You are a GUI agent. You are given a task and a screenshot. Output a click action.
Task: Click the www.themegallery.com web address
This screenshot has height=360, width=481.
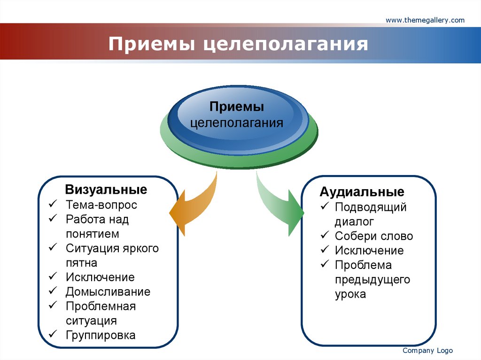click(425, 20)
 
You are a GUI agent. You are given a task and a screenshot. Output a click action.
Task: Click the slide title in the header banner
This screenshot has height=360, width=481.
click(238, 45)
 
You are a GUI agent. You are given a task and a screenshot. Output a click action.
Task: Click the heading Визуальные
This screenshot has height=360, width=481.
click(106, 190)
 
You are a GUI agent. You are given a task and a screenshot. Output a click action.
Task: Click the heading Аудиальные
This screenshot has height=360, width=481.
click(362, 192)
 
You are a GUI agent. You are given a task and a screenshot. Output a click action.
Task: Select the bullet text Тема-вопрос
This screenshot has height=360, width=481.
click(101, 205)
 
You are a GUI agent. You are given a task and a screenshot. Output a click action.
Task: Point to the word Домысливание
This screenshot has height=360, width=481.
click(108, 291)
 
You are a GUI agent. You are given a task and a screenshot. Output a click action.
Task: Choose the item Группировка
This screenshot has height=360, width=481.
click(101, 335)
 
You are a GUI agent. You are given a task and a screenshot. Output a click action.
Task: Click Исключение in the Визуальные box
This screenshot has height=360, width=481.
click(100, 277)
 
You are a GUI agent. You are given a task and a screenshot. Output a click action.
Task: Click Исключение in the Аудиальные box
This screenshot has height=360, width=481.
click(369, 251)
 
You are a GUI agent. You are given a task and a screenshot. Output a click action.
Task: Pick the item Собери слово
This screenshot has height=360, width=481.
click(374, 236)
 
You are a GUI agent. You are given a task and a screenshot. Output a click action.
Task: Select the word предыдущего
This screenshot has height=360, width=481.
click(372, 280)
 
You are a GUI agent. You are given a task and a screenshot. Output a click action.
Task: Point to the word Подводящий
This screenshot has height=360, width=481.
click(371, 207)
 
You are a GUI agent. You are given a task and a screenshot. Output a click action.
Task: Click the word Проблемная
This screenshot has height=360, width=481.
click(101, 306)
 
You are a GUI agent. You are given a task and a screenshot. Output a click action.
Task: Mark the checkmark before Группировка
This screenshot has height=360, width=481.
click(53, 335)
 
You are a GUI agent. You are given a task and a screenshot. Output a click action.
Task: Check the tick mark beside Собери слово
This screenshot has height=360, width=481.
click(324, 236)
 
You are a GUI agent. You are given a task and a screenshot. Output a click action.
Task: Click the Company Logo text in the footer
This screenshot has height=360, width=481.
click(427, 351)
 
